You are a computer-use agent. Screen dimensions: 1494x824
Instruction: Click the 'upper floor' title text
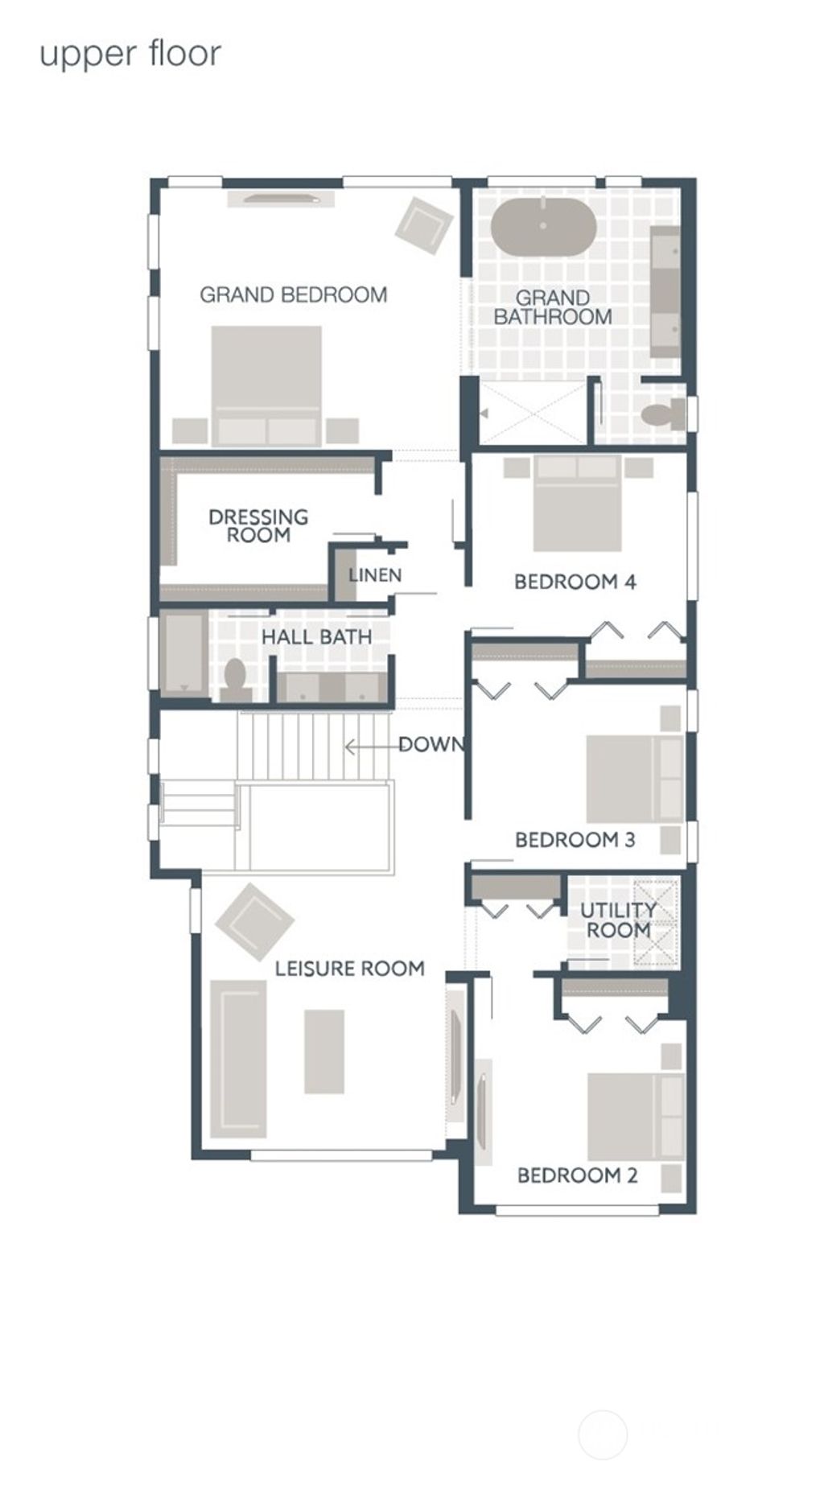[130, 55]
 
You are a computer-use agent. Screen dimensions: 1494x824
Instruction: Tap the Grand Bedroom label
[293, 295]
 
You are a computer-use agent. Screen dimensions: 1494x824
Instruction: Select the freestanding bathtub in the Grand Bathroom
[543, 227]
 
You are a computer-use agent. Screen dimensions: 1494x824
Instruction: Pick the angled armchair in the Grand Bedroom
[423, 224]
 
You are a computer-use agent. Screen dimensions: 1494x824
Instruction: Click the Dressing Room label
[257, 525]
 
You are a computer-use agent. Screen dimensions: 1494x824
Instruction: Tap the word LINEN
[374, 575]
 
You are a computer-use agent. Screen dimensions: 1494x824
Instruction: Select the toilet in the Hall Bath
[235, 680]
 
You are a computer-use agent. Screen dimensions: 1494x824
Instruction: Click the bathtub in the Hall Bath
[183, 653]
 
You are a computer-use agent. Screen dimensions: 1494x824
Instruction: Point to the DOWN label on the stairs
[431, 745]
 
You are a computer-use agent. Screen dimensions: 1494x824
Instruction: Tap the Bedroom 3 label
[575, 840]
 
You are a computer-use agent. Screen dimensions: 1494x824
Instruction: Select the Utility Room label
[618, 920]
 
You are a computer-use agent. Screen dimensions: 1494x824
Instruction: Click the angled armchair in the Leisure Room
[254, 920]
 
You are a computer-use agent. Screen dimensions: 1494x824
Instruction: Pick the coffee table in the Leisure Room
[324, 1052]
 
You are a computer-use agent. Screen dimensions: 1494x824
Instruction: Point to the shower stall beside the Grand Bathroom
[534, 413]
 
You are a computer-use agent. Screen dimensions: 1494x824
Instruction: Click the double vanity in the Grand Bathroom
[665, 291]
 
